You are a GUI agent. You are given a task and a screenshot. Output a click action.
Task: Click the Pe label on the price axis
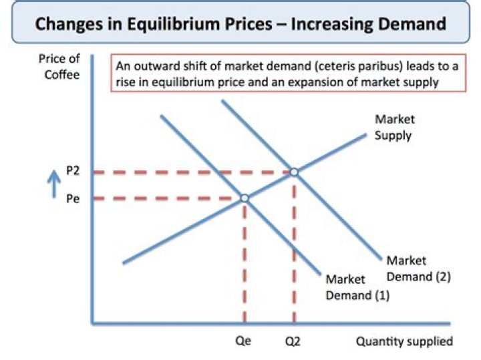click(73, 198)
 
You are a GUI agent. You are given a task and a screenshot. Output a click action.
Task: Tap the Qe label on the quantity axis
click(243, 341)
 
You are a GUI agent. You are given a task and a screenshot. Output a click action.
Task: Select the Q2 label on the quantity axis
click(293, 341)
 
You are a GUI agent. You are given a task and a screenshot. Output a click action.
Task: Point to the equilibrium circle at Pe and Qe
click(245, 198)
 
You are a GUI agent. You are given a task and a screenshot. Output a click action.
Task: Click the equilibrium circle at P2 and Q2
click(293, 172)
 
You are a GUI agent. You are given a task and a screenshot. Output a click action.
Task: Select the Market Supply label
click(394, 127)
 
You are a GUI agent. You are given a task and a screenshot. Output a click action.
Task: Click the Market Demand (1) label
click(355, 287)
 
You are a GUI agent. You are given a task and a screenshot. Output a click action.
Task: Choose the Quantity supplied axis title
click(404, 341)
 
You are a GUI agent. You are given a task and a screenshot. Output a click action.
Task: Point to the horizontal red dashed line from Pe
click(167, 198)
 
